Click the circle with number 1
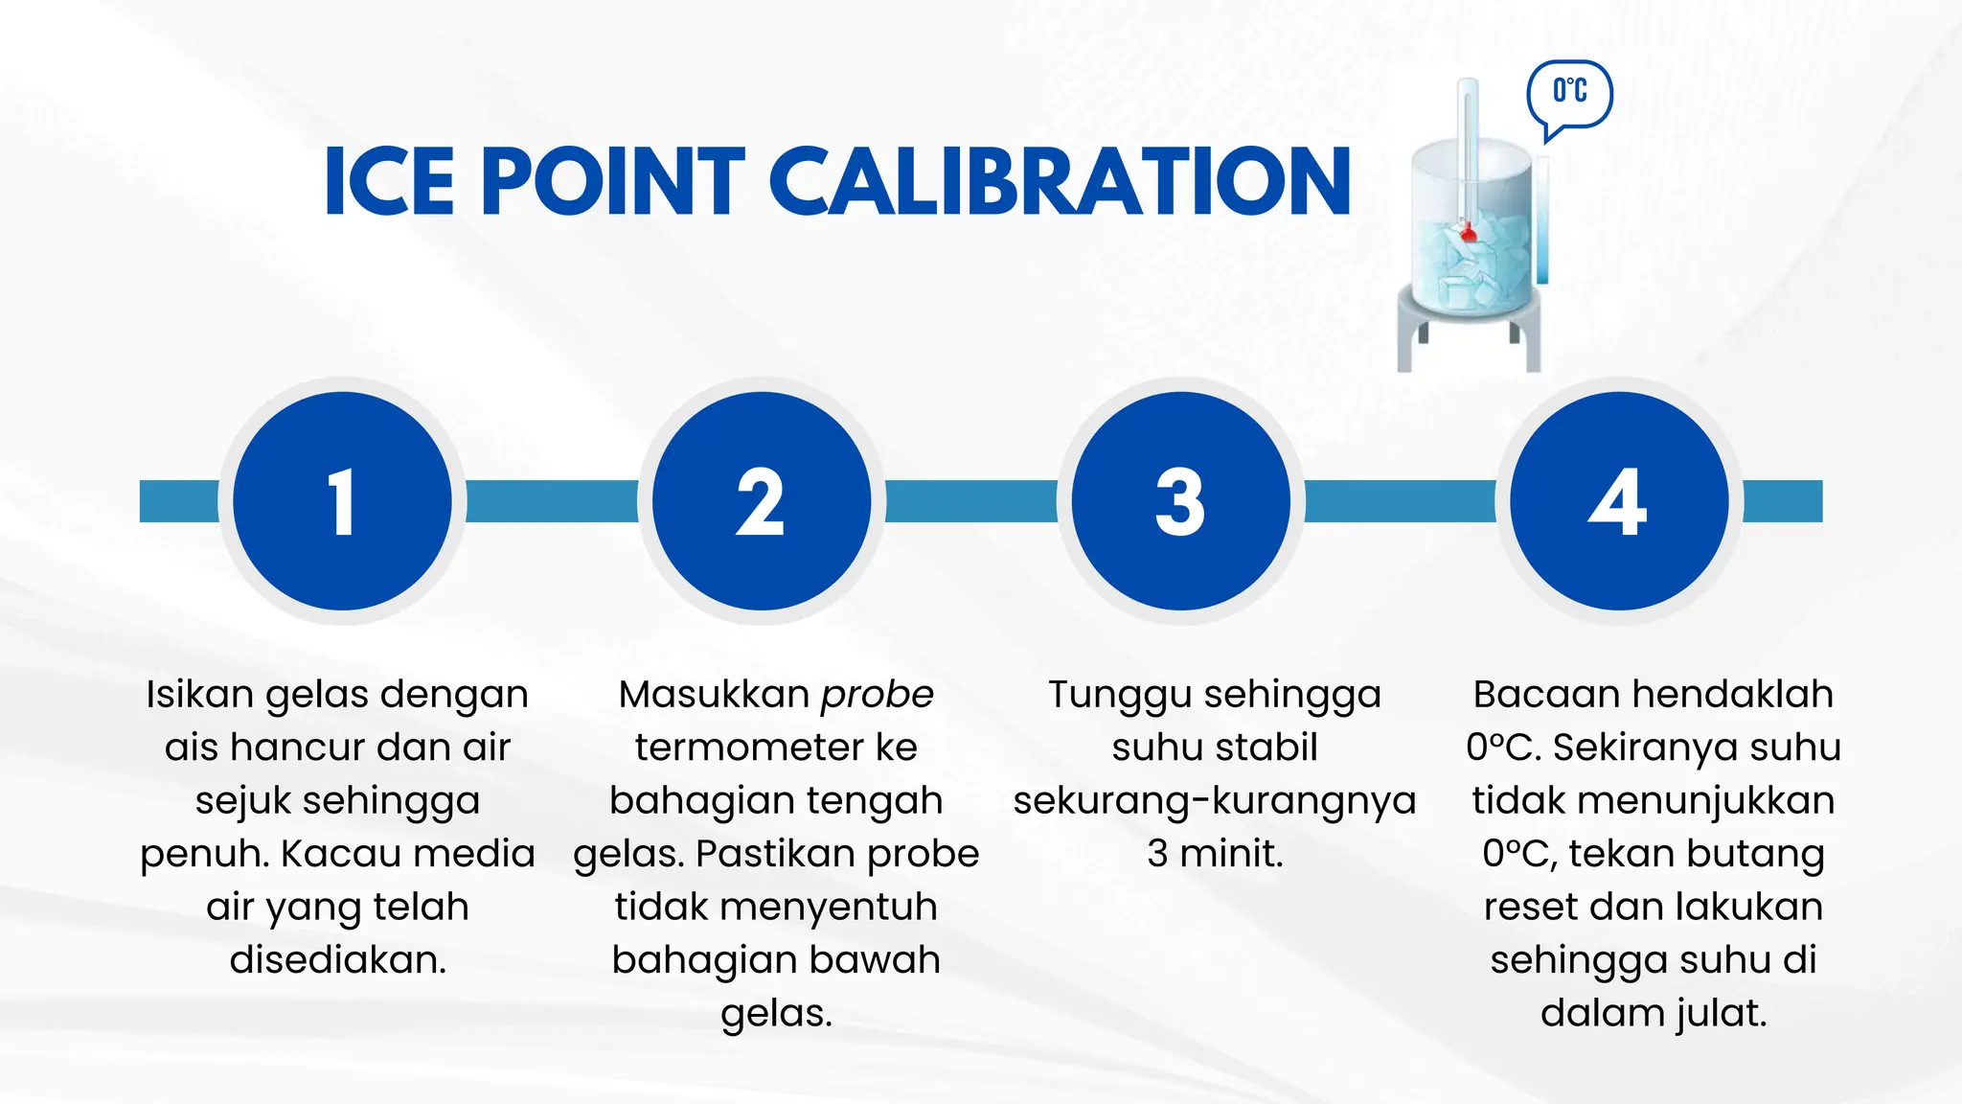tap(342, 501)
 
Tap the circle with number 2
tap(762, 501)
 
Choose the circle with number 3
tap(1180, 501)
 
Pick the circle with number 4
tap(1619, 501)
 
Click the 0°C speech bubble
tap(1569, 93)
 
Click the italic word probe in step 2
tap(877, 695)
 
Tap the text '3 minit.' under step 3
tap(1215, 853)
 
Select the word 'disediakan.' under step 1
tap(337, 959)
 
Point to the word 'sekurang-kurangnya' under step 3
tap(1215, 800)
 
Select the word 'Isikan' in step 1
tap(199, 695)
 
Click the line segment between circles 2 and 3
tap(970, 501)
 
